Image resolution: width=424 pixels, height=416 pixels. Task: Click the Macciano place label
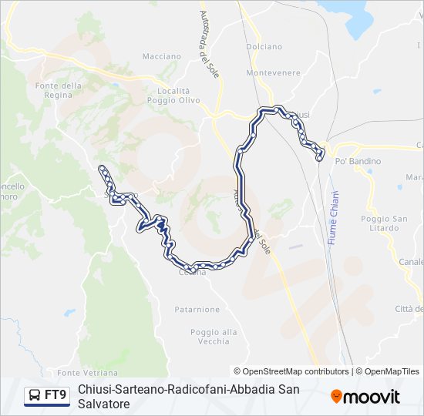click(162, 56)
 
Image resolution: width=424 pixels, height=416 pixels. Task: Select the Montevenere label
click(273, 72)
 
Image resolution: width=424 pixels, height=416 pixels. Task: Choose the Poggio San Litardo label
click(384, 223)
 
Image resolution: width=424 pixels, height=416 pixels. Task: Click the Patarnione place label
click(197, 309)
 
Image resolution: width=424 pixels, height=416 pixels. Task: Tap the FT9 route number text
click(56, 395)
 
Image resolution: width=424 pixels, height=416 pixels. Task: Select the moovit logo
click(365, 397)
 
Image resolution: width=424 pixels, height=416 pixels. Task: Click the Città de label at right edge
click(409, 309)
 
